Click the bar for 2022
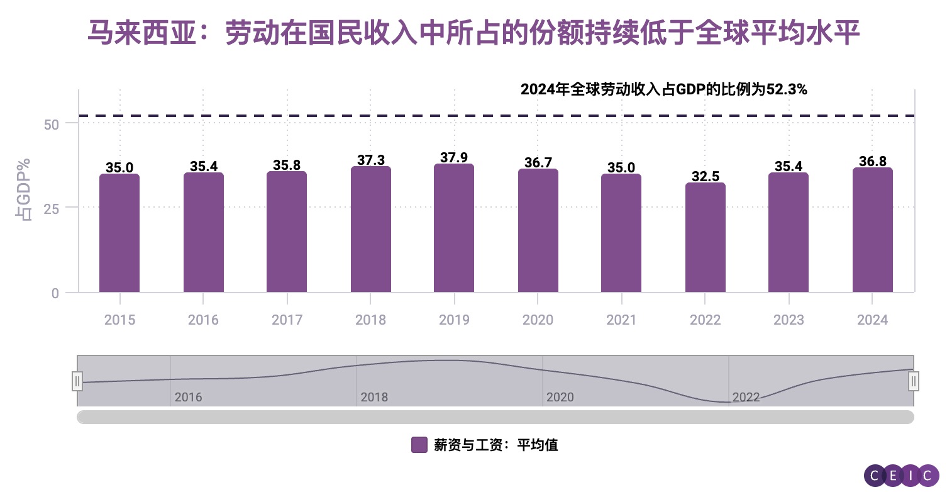tap(705, 237)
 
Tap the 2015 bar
tap(119, 233)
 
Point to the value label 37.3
tap(371, 160)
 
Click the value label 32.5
tap(706, 177)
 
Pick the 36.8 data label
tap(873, 162)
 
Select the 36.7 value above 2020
tap(538, 163)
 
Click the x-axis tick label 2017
tap(287, 320)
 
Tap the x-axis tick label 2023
tap(789, 320)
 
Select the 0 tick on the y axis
tap(55, 293)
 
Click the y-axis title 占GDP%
tap(24, 189)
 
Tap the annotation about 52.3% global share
tap(663, 90)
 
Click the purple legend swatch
tap(419, 445)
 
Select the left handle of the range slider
tap(77, 381)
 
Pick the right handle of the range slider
tap(914, 381)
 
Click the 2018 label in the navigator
tap(374, 397)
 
